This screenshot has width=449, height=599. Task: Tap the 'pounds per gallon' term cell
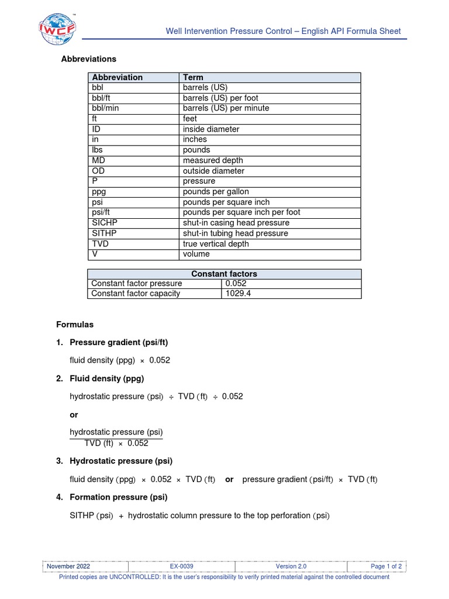(215, 192)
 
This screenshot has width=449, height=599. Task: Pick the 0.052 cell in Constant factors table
(237, 283)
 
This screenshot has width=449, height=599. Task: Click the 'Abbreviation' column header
(117, 77)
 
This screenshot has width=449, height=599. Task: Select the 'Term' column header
(194, 77)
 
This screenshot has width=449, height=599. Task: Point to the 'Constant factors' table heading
(224, 274)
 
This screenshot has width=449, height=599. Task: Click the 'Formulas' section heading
(75, 324)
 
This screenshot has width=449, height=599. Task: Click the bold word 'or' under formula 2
(74, 414)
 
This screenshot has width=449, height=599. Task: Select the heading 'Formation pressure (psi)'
(118, 497)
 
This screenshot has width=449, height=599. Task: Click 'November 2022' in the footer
(69, 566)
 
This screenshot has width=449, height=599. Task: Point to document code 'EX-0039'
(182, 566)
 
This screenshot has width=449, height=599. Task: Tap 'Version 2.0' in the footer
(291, 566)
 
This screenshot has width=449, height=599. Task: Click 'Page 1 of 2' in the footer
(386, 566)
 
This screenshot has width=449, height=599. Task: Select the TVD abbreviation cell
(101, 244)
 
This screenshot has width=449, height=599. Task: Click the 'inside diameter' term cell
(211, 129)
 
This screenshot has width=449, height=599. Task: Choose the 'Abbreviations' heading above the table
(89, 59)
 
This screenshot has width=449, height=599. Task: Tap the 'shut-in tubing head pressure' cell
(235, 233)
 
